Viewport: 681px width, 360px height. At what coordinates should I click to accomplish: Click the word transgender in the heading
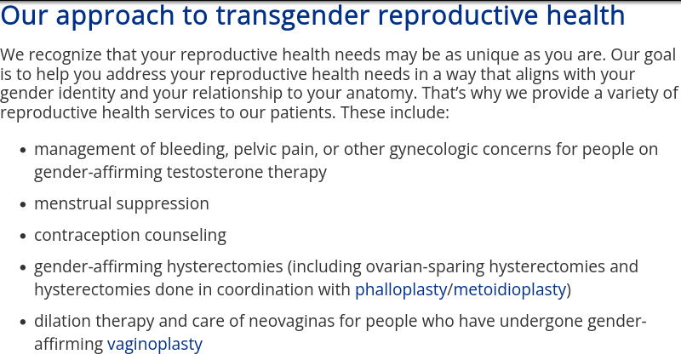tap(292, 16)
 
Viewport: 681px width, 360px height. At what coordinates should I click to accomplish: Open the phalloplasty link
tap(401, 290)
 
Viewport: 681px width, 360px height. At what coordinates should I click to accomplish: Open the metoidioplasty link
tap(510, 290)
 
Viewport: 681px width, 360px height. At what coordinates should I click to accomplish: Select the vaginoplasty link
tap(155, 345)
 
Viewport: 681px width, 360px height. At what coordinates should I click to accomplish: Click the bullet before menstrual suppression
tap(24, 204)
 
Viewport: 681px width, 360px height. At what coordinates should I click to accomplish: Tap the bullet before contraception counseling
tap(24, 237)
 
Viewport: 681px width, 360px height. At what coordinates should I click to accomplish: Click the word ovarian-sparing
tap(425, 267)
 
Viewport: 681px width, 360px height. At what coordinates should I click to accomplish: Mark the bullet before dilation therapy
tap(24, 323)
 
